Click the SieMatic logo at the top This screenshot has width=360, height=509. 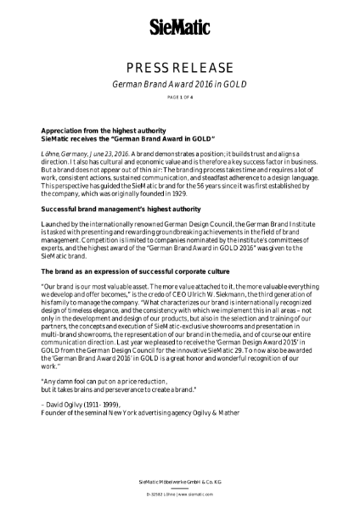pyautogui.click(x=180, y=26)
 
